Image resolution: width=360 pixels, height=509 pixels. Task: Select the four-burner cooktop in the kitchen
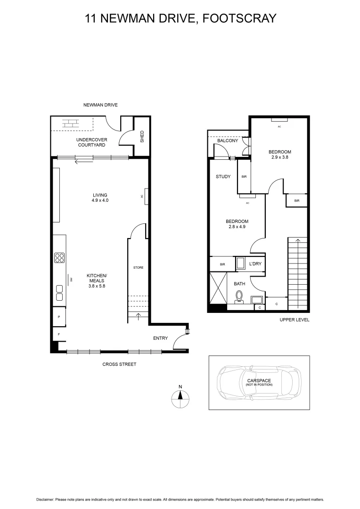pyautogui.click(x=60, y=258)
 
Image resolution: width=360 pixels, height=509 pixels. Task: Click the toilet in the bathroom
pyautogui.click(x=239, y=296)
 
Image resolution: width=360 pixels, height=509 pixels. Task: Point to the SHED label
pyautogui.click(x=142, y=137)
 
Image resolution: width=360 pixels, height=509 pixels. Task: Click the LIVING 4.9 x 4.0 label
pyautogui.click(x=100, y=197)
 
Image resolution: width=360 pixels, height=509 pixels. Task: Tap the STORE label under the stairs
pyautogui.click(x=138, y=268)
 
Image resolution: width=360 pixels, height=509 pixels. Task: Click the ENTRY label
pyautogui.click(x=160, y=338)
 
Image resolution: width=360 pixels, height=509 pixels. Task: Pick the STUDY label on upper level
pyautogui.click(x=223, y=177)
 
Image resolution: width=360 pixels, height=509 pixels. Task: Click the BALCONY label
pyautogui.click(x=227, y=141)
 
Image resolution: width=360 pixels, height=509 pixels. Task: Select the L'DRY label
pyautogui.click(x=255, y=264)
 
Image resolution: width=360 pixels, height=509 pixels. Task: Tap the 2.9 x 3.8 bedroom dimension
pyautogui.click(x=280, y=157)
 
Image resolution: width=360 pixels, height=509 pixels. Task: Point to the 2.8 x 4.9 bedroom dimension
pyautogui.click(x=237, y=227)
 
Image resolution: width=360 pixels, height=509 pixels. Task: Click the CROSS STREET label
pyautogui.click(x=119, y=364)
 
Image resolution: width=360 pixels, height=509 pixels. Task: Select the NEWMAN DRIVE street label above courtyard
pyautogui.click(x=100, y=105)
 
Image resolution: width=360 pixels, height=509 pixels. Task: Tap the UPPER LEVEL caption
pyautogui.click(x=294, y=320)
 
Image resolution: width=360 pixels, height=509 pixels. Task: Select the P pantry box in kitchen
pyautogui.click(x=59, y=317)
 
